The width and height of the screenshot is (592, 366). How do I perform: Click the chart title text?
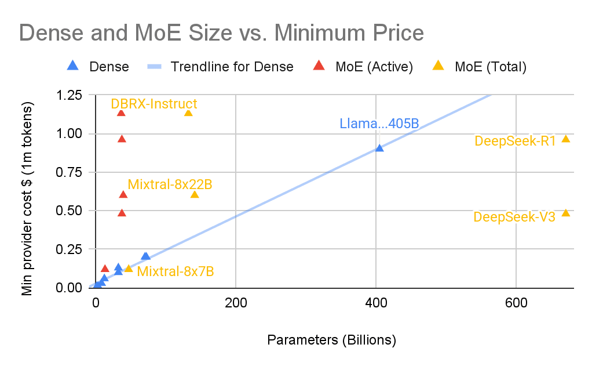222,32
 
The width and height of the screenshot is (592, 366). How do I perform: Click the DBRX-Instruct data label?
154,104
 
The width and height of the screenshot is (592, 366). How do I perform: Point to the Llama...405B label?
379,124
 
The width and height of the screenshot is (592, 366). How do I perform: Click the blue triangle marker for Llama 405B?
379,148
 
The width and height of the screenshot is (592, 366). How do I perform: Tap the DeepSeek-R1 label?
515,141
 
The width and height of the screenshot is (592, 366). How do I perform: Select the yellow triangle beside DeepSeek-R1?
566,139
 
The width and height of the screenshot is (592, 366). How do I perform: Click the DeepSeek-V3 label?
514,217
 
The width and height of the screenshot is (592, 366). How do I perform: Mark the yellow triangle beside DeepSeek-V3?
566,213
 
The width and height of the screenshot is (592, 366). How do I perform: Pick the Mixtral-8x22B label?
170,184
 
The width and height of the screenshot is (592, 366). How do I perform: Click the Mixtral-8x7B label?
176,271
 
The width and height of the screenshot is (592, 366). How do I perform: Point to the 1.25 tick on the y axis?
69,95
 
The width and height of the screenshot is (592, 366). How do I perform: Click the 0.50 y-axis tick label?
69,211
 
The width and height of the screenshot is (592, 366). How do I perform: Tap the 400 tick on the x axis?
376,302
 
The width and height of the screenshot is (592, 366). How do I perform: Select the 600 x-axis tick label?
516,302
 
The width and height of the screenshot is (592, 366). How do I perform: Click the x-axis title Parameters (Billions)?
331,340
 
